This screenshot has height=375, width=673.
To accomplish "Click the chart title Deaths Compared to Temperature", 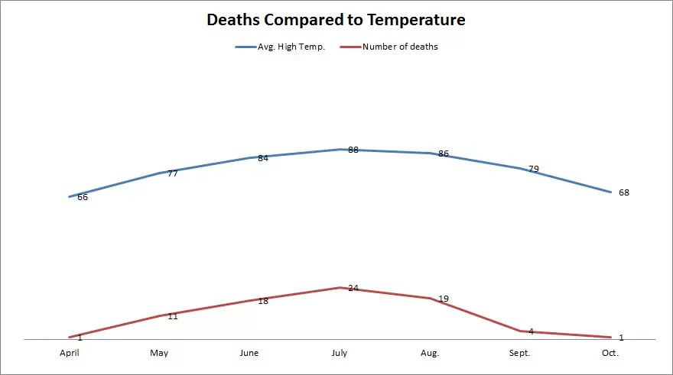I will click(x=336, y=20).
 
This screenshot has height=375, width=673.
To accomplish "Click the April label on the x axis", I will click(x=70, y=353).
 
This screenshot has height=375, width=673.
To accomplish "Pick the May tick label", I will click(x=159, y=353).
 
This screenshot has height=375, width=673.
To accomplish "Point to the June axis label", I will click(x=249, y=353).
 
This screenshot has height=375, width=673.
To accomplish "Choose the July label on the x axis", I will click(x=339, y=353).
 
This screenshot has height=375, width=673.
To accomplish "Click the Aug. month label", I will click(x=430, y=353).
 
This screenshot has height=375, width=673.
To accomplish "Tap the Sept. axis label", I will click(x=519, y=353).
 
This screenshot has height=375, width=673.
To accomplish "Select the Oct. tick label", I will click(x=610, y=353).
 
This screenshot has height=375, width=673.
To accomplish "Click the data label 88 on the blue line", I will click(x=353, y=150).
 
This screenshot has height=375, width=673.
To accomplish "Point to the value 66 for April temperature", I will click(x=83, y=197).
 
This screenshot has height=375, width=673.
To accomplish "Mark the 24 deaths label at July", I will click(x=353, y=288).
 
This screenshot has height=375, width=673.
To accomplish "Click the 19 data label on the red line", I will click(x=444, y=299).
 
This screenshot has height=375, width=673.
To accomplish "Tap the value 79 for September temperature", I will click(x=533, y=169).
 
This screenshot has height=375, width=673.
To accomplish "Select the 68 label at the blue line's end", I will click(x=623, y=192).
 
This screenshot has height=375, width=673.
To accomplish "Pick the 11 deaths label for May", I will click(x=173, y=316).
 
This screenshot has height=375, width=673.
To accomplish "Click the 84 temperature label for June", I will click(x=263, y=158).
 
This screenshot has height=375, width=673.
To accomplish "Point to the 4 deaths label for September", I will click(x=531, y=331).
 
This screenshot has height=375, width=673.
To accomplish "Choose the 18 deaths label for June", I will click(x=263, y=301).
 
